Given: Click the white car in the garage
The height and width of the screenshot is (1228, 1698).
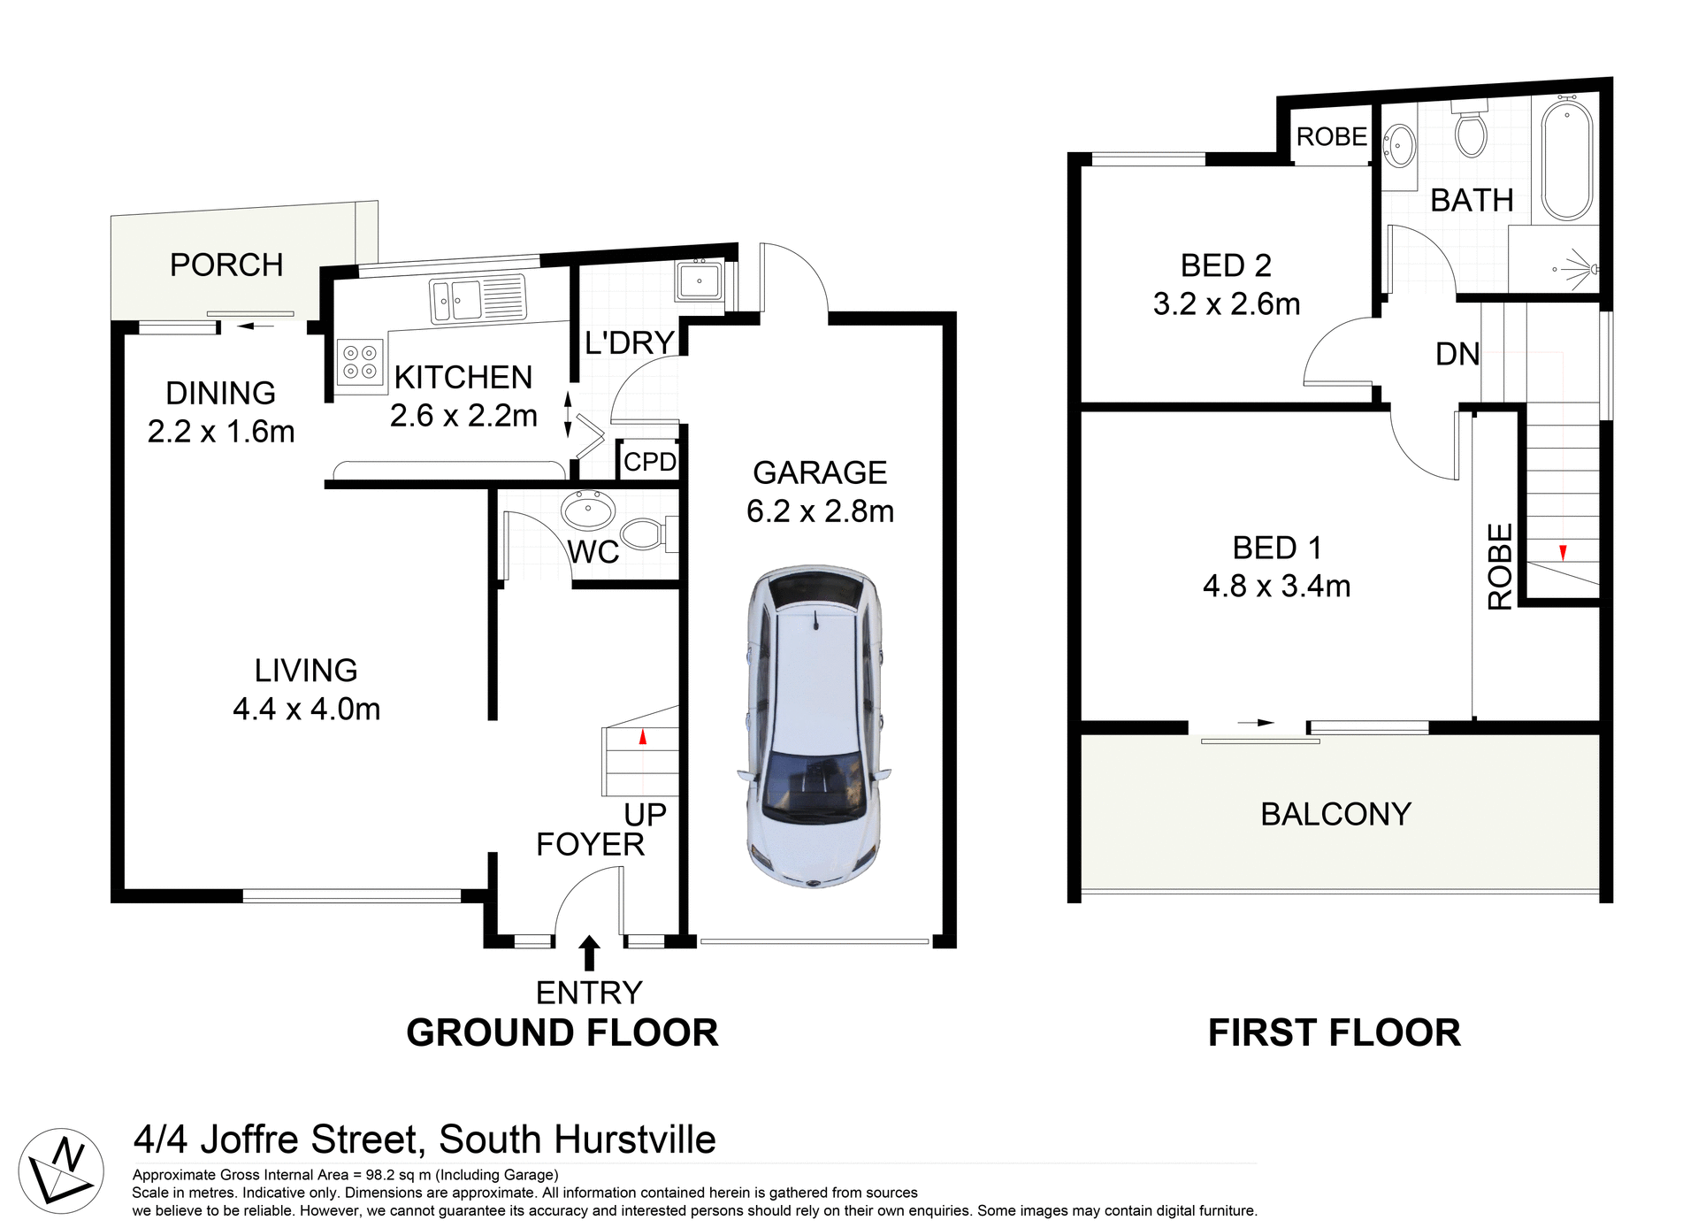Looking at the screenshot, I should (814, 725).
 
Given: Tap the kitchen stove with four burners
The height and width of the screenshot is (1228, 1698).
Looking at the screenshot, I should (360, 363).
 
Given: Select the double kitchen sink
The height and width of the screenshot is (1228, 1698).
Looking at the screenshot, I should (477, 299).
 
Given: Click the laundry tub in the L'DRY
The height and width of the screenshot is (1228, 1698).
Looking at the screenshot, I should (700, 281).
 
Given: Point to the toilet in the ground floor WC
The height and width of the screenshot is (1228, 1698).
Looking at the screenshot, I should (644, 534).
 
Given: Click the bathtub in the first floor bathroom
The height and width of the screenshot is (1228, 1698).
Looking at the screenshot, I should (1566, 160).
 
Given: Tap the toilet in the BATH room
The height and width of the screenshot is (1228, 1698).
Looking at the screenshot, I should (1471, 131).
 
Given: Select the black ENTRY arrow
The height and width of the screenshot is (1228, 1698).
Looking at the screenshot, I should (588, 954).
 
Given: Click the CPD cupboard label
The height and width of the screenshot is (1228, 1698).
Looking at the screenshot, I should (649, 462).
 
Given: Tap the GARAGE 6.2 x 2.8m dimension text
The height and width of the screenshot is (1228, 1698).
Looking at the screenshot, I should (820, 511).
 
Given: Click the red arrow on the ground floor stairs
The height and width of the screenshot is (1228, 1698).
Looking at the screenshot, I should (643, 736).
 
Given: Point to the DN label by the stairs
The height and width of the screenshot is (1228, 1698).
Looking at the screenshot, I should (1457, 355).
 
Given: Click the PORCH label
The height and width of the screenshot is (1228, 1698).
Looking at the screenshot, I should (226, 265).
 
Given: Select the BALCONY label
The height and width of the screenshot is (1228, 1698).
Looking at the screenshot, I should (1335, 814).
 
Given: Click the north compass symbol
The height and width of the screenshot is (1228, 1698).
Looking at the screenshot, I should (61, 1170).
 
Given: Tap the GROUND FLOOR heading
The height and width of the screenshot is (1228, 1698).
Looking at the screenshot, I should (562, 1033).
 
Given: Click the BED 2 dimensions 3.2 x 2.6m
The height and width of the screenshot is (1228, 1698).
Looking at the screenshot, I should (1226, 304).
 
